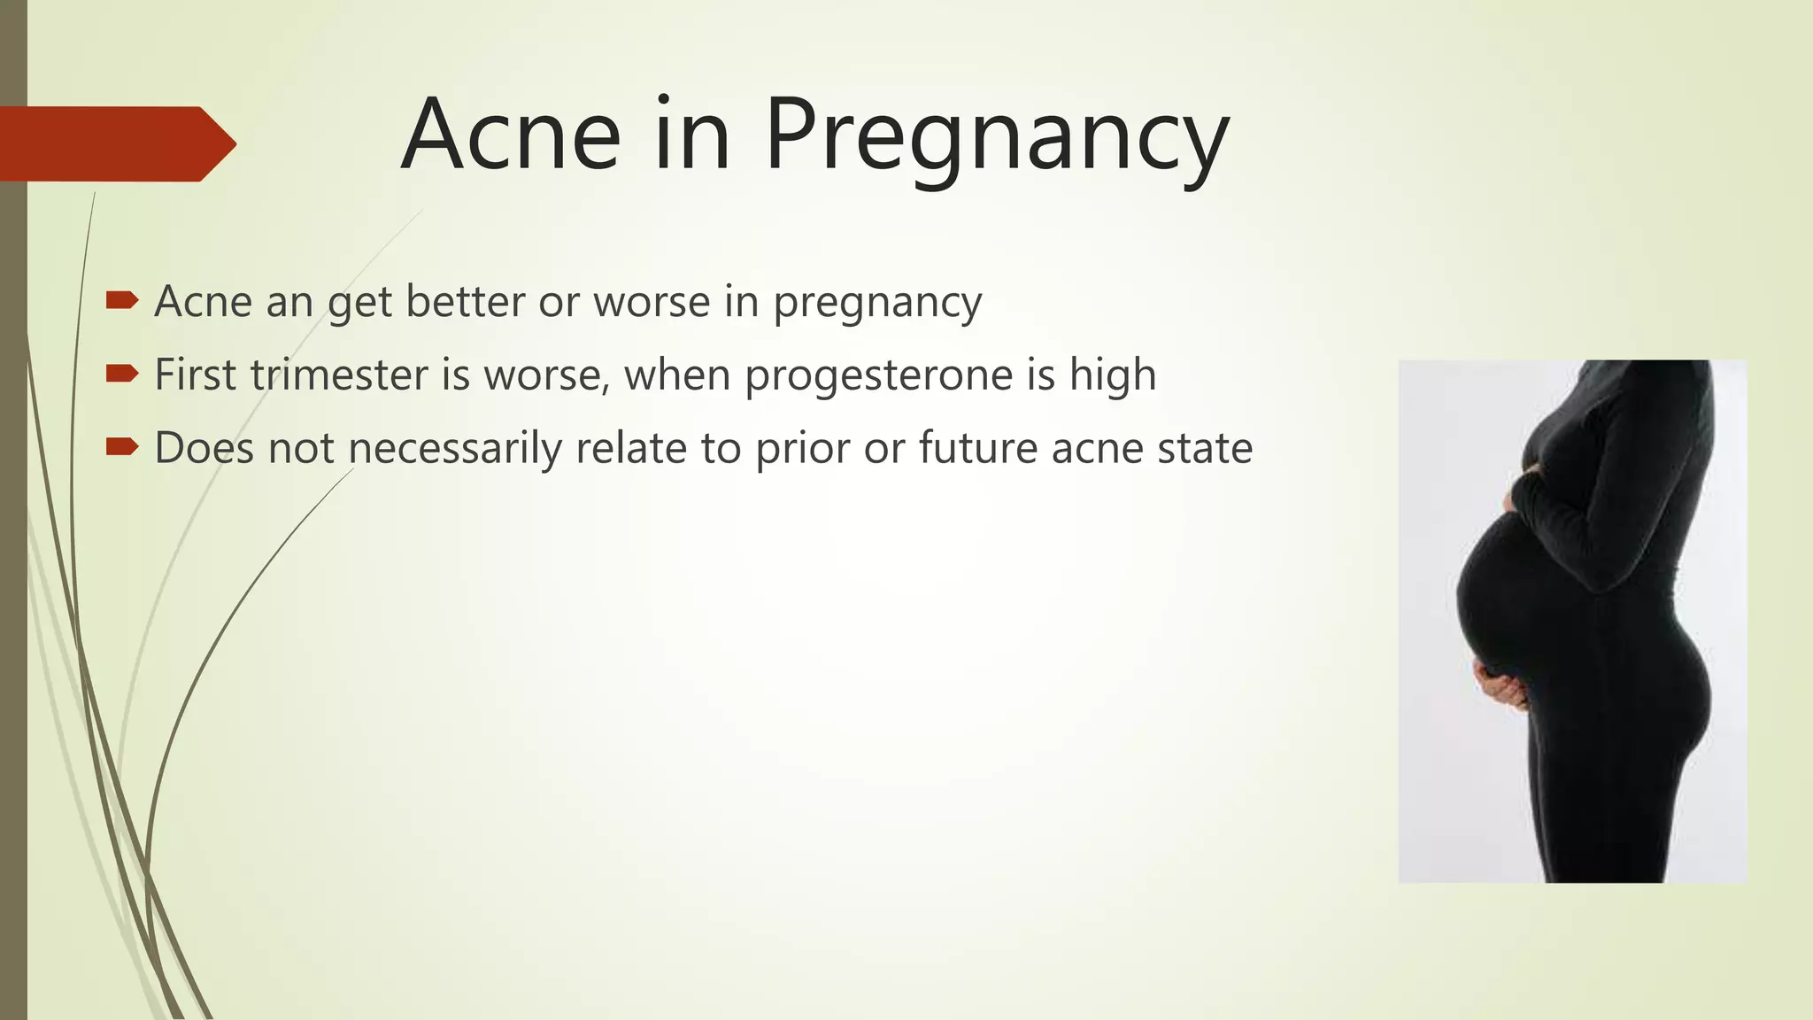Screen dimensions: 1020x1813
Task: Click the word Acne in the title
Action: click(x=511, y=135)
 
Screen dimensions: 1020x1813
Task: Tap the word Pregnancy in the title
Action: click(x=996, y=137)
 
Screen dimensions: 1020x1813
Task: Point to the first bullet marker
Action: click(x=121, y=301)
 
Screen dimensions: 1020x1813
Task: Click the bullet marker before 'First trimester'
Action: click(x=121, y=374)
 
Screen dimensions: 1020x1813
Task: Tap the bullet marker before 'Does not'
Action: click(x=121, y=447)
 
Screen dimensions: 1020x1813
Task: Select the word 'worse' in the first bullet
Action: click(x=652, y=302)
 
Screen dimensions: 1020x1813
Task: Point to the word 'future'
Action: click(x=977, y=448)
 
